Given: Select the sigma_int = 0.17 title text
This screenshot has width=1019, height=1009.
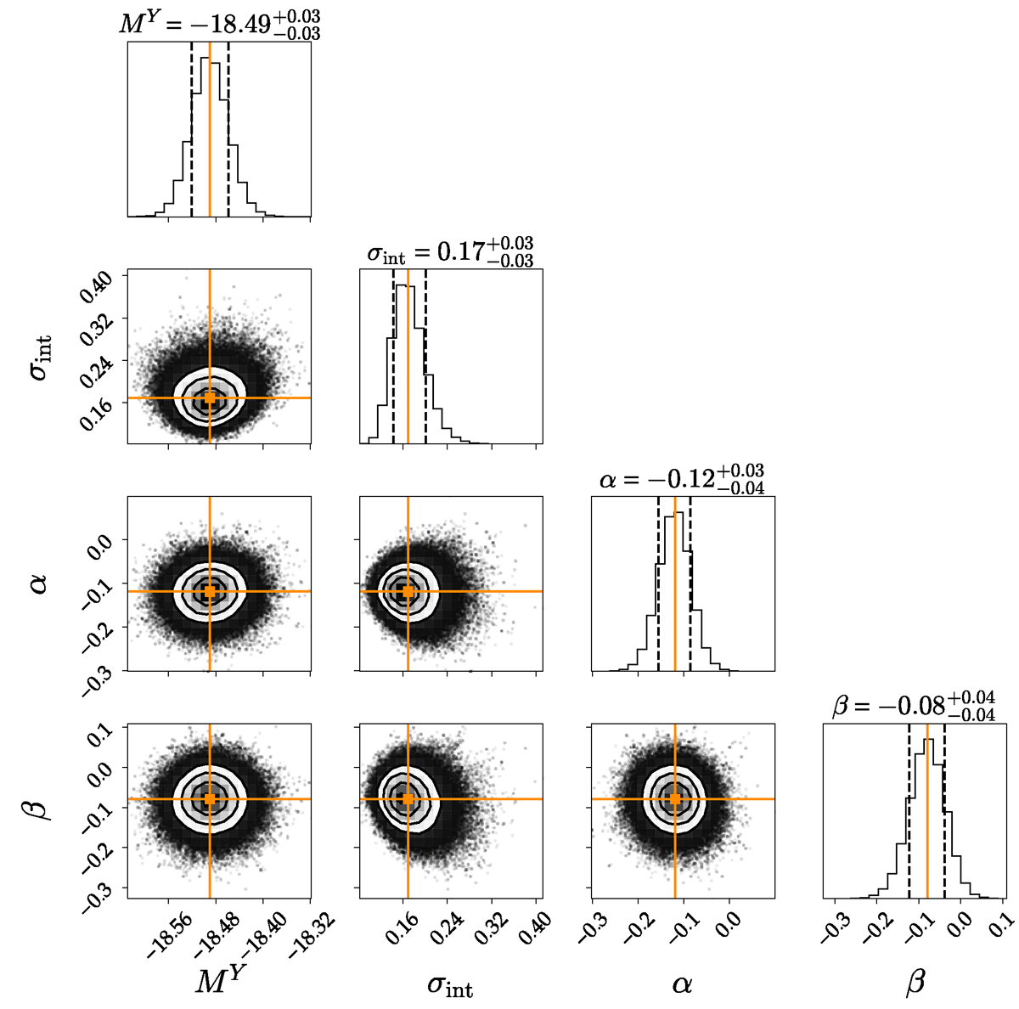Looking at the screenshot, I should pos(450,251).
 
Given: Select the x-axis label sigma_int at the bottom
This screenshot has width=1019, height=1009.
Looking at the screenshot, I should pos(450,985).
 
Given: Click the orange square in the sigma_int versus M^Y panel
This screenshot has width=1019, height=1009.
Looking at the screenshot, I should pos(210,397).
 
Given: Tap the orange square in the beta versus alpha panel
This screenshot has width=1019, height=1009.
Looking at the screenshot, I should pos(675,798).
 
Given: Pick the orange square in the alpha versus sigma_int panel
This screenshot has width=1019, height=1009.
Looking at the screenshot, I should pos(408,591).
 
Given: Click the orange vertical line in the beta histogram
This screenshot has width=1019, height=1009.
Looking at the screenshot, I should pos(927,815).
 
